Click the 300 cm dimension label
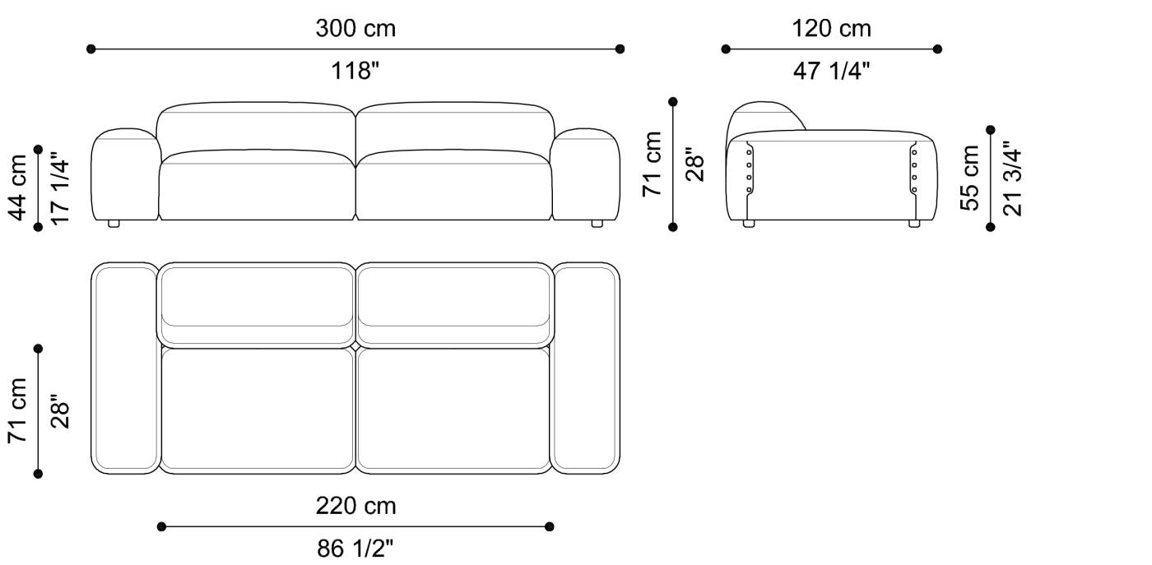coord(355,29)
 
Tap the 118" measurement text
coord(355,72)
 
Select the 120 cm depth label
coord(831,29)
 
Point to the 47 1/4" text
coord(831,72)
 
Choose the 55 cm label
coord(971,177)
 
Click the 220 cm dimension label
coord(355,506)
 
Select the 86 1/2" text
coord(355,548)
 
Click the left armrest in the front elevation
coord(124,174)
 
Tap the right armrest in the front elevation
coord(585,174)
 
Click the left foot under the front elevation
coord(114,223)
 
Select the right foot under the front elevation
coord(597,223)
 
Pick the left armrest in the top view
coord(124,368)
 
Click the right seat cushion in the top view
coord(453,410)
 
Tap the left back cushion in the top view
coord(257,298)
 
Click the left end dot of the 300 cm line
coord(91,49)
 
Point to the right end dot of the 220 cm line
coord(550,526)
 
